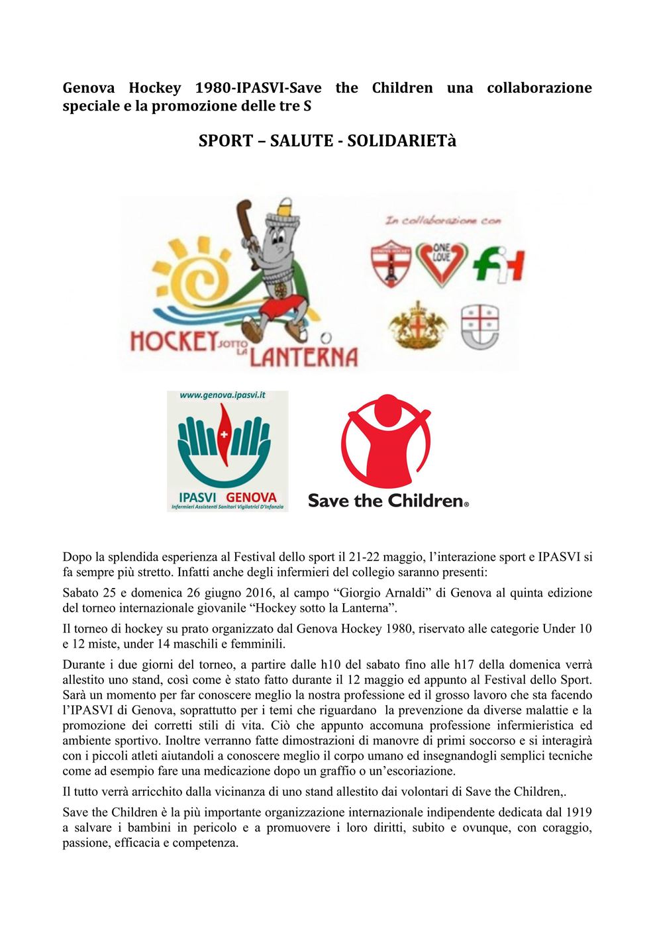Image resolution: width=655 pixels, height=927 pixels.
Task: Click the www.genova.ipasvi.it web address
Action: pyautogui.click(x=223, y=395)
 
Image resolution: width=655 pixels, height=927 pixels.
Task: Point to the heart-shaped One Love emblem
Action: pyautogui.click(x=440, y=263)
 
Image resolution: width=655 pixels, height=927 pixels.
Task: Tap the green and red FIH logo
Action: pyautogui.click(x=499, y=265)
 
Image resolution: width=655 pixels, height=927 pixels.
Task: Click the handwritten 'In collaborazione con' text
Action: pyautogui.click(x=443, y=221)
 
